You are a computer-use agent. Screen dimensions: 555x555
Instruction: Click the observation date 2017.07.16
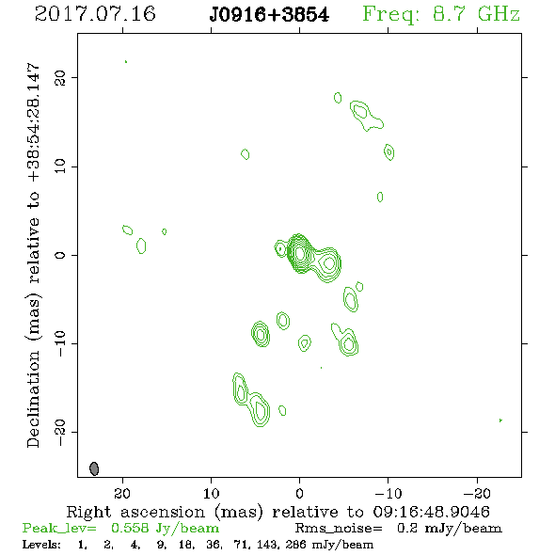[95, 14]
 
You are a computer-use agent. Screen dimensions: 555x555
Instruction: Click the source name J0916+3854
[269, 15]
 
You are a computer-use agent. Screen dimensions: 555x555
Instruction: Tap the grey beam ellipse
[94, 468]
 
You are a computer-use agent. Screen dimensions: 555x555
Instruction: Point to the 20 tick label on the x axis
[122, 493]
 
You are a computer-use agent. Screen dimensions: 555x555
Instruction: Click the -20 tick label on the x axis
[477, 493]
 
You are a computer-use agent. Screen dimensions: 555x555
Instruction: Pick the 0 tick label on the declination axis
[60, 255]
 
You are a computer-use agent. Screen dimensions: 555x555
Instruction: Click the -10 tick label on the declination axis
[60, 343]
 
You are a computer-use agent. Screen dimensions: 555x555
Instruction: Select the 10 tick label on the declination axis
[60, 166]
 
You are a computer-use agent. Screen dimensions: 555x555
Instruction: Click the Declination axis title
[33, 255]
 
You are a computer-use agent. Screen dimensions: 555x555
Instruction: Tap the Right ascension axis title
[277, 512]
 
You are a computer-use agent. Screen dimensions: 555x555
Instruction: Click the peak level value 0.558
[130, 528]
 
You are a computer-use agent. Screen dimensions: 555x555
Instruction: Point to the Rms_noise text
[339, 529]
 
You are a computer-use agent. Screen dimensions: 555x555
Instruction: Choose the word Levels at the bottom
[41, 544]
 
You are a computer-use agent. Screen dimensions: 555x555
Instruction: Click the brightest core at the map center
[299, 253]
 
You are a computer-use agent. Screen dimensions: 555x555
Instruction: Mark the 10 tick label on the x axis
[212, 493]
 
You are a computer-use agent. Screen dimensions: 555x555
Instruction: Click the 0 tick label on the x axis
[299, 493]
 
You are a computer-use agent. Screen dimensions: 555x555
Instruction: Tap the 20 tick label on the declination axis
[60, 77]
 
